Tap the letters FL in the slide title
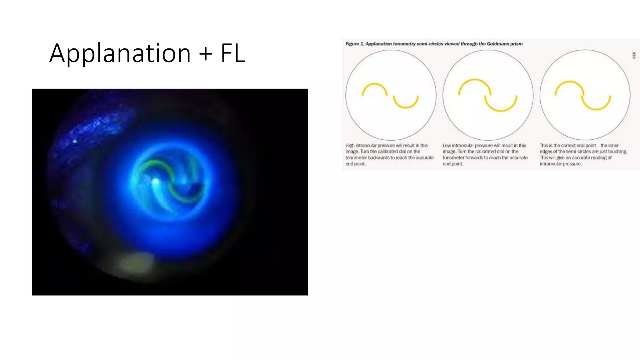pyautogui.click(x=233, y=53)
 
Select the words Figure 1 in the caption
pyautogui.click(x=355, y=44)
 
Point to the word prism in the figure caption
pyautogui.click(x=516, y=44)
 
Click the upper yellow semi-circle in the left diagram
pyautogui.click(x=374, y=84)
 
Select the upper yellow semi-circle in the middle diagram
pyautogui.click(x=474, y=80)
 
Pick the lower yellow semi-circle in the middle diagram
pyautogui.click(x=501, y=110)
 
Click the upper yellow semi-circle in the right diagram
pyautogui.click(x=569, y=82)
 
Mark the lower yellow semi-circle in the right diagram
pyautogui.click(x=596, y=109)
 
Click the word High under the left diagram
pyautogui.click(x=350, y=146)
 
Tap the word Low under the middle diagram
pyautogui.click(x=447, y=146)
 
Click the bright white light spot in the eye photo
pyautogui.click(x=155, y=181)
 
